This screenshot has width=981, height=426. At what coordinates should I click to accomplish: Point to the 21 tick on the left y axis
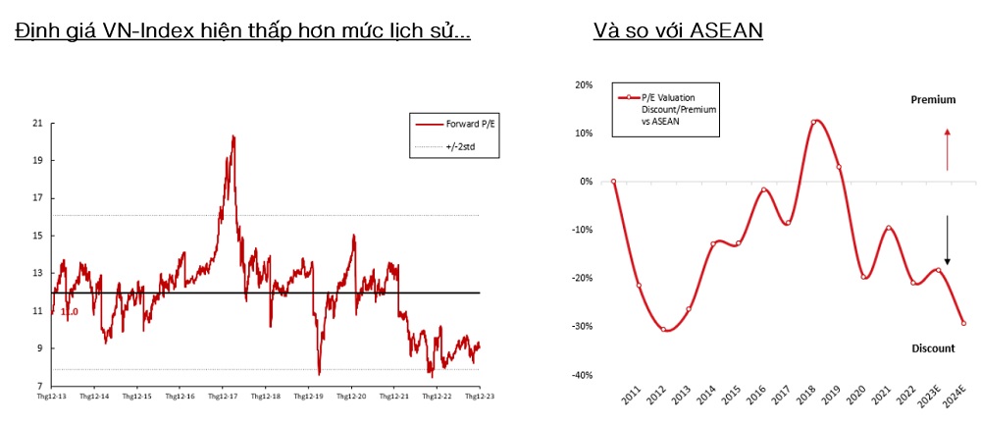tap(38, 123)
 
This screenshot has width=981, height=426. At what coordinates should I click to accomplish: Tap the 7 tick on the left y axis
tap(41, 386)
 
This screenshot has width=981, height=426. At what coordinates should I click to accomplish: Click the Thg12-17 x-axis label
tap(223, 398)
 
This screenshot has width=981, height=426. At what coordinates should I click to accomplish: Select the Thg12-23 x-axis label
tap(478, 398)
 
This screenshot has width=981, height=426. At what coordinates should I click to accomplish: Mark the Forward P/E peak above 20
tap(233, 136)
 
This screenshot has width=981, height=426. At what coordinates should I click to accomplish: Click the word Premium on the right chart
tap(933, 100)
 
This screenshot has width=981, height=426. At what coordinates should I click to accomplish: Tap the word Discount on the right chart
tap(933, 348)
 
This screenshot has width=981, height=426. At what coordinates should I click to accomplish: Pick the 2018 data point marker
tap(814, 122)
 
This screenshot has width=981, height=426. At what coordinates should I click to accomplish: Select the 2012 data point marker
tap(663, 329)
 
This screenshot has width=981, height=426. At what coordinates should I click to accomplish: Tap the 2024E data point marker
tap(963, 323)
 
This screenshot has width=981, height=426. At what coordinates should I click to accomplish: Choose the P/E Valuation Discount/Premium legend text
tap(678, 109)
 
